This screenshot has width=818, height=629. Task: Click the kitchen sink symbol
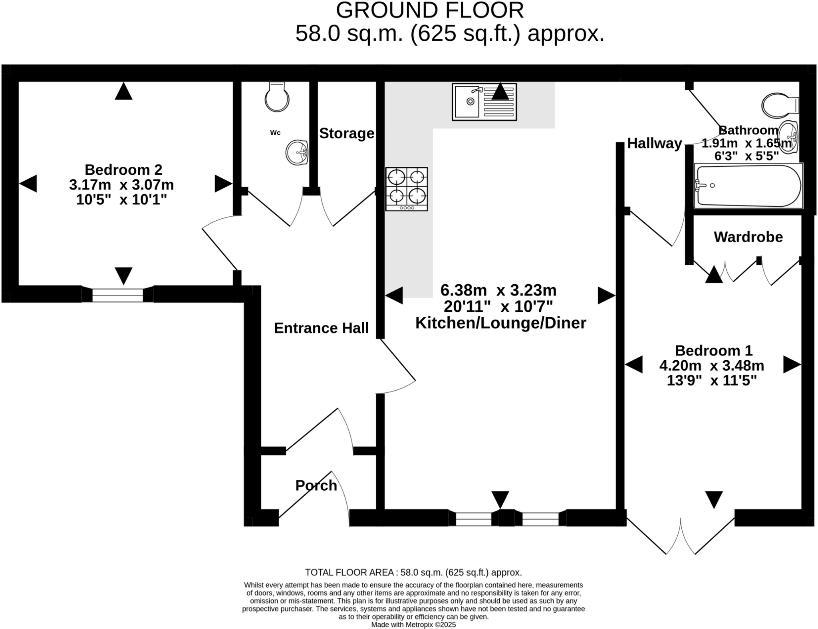(x=484, y=102)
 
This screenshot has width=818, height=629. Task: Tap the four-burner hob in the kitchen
(x=406, y=189)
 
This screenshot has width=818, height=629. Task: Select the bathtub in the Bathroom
(x=748, y=186)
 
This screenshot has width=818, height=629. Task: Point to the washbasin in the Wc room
(x=297, y=152)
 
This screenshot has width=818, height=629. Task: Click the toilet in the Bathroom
(x=779, y=106)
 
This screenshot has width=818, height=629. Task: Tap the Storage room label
(x=347, y=134)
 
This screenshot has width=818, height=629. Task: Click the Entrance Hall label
(x=321, y=328)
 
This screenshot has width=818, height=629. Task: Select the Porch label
(x=316, y=485)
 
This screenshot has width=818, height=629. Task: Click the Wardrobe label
(x=748, y=237)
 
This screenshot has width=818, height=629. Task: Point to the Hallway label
(x=654, y=143)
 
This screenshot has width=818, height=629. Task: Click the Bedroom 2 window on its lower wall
(x=117, y=295)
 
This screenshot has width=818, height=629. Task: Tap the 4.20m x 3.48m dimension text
(x=711, y=365)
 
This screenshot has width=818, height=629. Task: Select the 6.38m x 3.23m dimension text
(x=498, y=290)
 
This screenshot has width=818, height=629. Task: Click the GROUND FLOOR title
(x=429, y=10)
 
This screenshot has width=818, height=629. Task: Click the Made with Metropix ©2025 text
(x=413, y=625)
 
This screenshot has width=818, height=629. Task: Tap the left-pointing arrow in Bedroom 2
(x=28, y=184)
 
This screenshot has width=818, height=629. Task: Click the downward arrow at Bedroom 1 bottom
(x=714, y=499)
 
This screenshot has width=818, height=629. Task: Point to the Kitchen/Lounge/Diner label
(x=500, y=323)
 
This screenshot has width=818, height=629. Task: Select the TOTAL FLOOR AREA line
(x=413, y=572)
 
